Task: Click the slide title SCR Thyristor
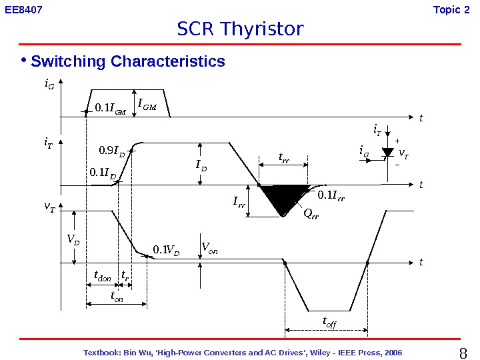click(x=240, y=29)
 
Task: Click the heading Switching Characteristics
click(x=128, y=62)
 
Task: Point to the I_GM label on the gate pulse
click(x=147, y=104)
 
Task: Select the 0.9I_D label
click(x=112, y=151)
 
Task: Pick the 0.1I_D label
click(x=103, y=174)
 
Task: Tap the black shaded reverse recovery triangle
click(x=283, y=198)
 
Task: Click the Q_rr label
click(x=311, y=214)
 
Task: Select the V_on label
click(x=209, y=250)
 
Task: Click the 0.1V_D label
click(x=166, y=251)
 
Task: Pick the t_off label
click(x=329, y=323)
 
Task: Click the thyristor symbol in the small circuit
click(x=387, y=153)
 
